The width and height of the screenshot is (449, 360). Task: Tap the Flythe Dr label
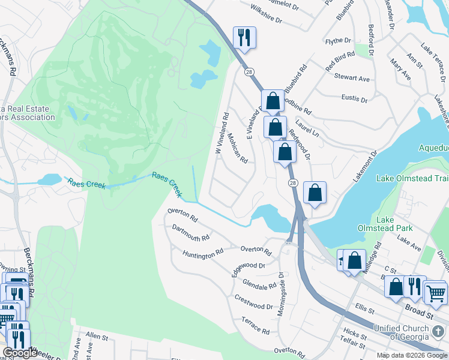pos(338,40)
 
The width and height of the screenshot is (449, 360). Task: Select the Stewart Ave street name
pos(352,78)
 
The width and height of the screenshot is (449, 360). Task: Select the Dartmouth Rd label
pos(190,233)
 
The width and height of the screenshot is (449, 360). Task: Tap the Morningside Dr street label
pos(281,294)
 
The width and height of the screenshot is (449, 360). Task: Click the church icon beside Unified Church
pos(439,330)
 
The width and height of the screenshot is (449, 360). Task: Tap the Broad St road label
pos(419,314)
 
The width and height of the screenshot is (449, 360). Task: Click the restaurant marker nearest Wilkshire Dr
pos(244,37)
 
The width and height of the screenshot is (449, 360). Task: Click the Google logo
pos(20,353)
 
